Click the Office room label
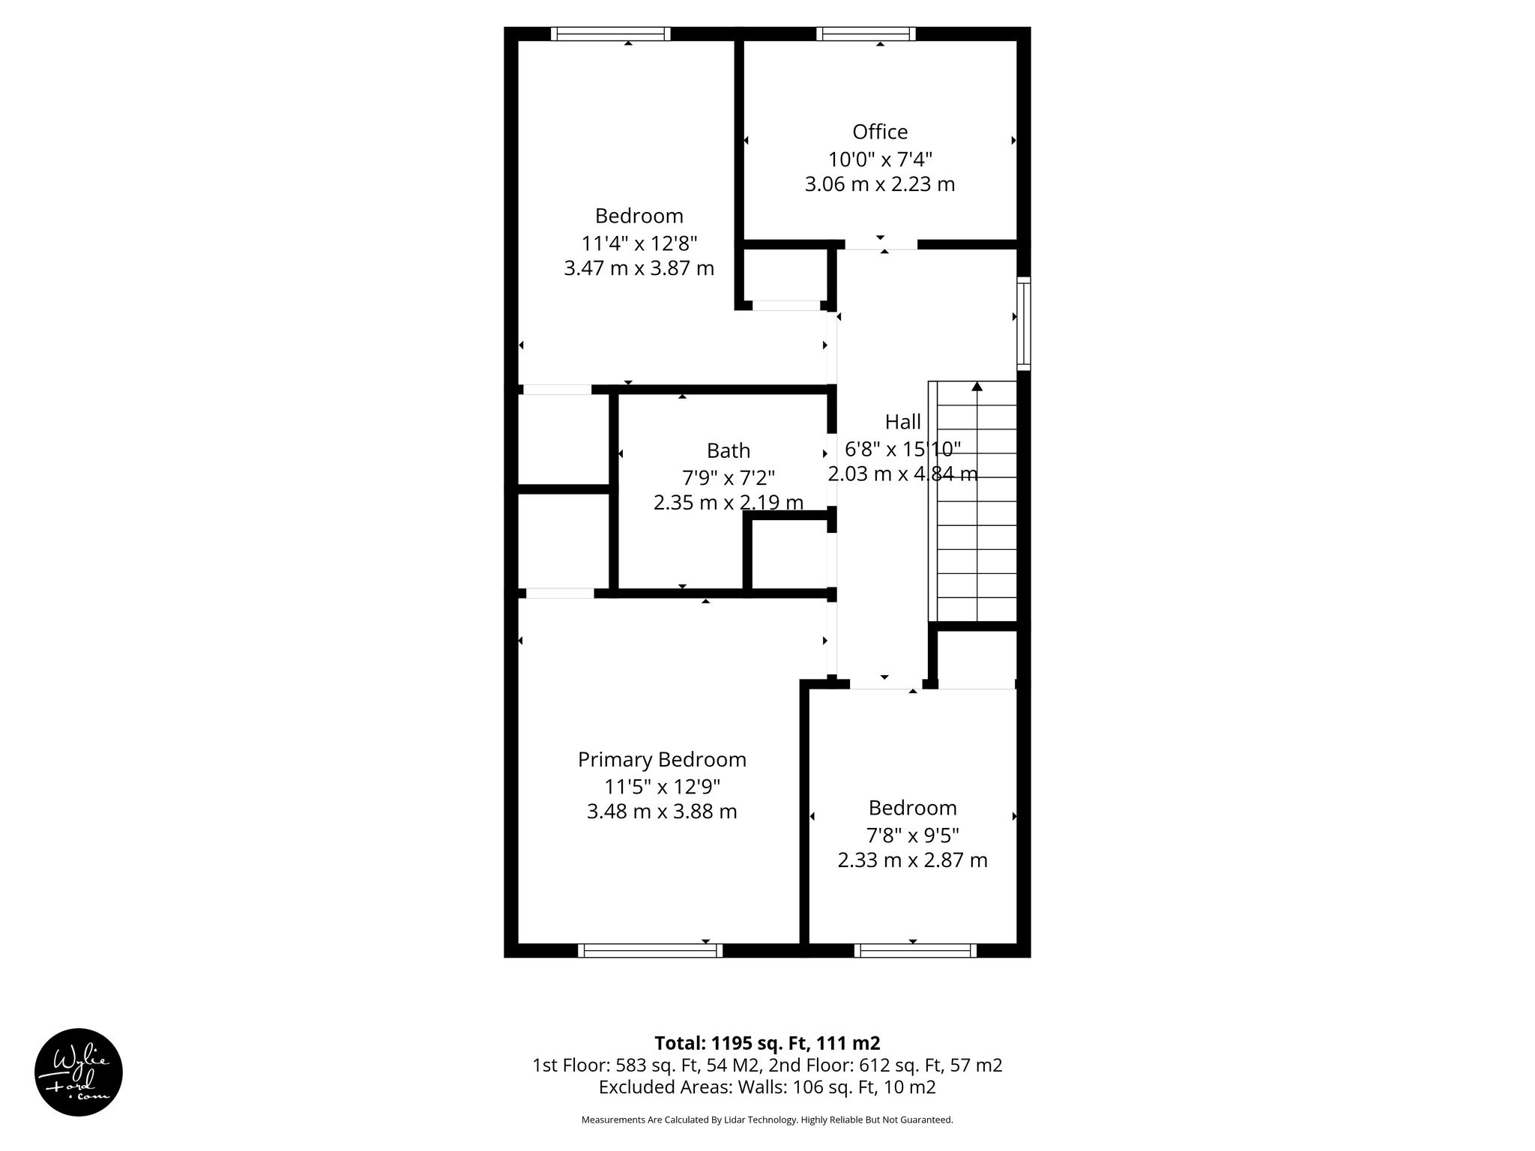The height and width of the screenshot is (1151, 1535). click(880, 132)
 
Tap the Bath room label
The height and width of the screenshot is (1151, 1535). click(728, 450)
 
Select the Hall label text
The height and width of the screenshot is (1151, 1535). click(902, 422)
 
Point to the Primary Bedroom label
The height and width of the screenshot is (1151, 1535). click(662, 760)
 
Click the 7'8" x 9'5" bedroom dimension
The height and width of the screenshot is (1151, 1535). click(912, 835)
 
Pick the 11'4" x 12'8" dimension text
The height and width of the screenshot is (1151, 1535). click(639, 244)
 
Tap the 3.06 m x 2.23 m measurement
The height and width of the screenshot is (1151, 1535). click(880, 184)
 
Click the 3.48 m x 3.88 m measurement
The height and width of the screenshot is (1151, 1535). click(662, 812)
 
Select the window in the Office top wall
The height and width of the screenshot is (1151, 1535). click(866, 34)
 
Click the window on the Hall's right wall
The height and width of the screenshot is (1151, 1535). click(1023, 323)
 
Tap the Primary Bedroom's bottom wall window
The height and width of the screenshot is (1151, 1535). click(650, 950)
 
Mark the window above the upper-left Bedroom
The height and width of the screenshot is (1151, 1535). click(610, 34)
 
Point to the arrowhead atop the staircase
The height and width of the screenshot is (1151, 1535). click(977, 387)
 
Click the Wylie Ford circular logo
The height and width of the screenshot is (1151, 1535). click(79, 1072)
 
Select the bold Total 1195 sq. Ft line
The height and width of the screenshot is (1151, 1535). click(767, 1043)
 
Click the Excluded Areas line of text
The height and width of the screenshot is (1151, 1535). click(767, 1087)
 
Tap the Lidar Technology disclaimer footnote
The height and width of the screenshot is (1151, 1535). click(767, 1120)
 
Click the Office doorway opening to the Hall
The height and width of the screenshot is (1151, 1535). click(881, 244)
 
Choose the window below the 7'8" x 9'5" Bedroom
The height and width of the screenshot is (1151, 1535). click(915, 950)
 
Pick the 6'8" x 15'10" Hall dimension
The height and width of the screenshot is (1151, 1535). click(902, 449)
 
